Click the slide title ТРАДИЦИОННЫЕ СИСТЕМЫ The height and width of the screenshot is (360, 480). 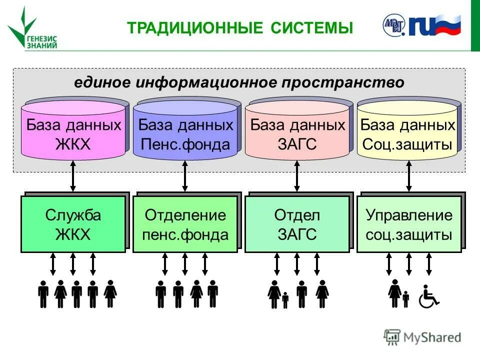pyautogui.click(x=239, y=28)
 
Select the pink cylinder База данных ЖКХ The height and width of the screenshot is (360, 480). pyautogui.click(x=73, y=131)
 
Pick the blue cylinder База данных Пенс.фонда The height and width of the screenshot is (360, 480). pyautogui.click(x=185, y=131)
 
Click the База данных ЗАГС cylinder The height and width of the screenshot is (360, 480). pyautogui.click(x=297, y=131)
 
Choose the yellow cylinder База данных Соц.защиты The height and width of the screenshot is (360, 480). pyautogui.click(x=408, y=131)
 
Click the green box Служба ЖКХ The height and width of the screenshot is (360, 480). pyautogui.click(x=73, y=224)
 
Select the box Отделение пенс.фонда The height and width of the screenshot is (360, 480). pyautogui.click(x=185, y=224)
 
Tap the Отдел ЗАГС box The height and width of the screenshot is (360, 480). pyautogui.click(x=297, y=224)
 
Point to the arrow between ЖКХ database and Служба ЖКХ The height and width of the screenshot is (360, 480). pyautogui.click(x=73, y=176)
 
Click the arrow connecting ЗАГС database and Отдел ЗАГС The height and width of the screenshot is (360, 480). pyautogui.click(x=297, y=176)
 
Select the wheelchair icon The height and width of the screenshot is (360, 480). pyautogui.click(x=428, y=296)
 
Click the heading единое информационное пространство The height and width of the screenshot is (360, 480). pyautogui.click(x=239, y=82)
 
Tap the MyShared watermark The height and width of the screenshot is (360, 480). pyautogui.click(x=422, y=337)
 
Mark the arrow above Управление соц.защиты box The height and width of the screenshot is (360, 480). pyautogui.click(x=409, y=176)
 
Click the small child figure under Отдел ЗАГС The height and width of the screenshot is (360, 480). pyautogui.click(x=285, y=300)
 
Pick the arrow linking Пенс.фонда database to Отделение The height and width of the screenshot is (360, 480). pyautogui.click(x=185, y=176)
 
